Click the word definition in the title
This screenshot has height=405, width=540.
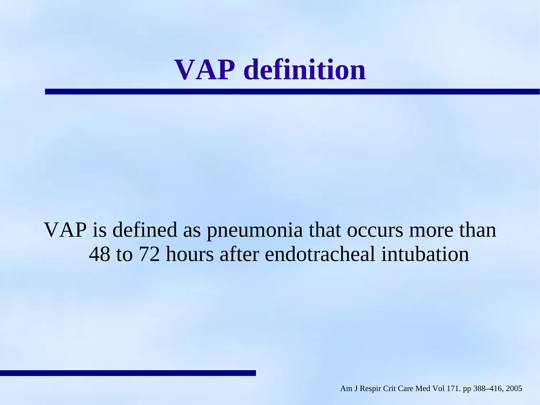coord(305,70)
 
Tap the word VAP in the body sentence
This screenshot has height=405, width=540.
coord(65,230)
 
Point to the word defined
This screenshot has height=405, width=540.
coord(145,230)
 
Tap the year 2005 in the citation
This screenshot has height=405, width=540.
coord(514,389)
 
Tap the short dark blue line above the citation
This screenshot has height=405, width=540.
coord(128,373)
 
